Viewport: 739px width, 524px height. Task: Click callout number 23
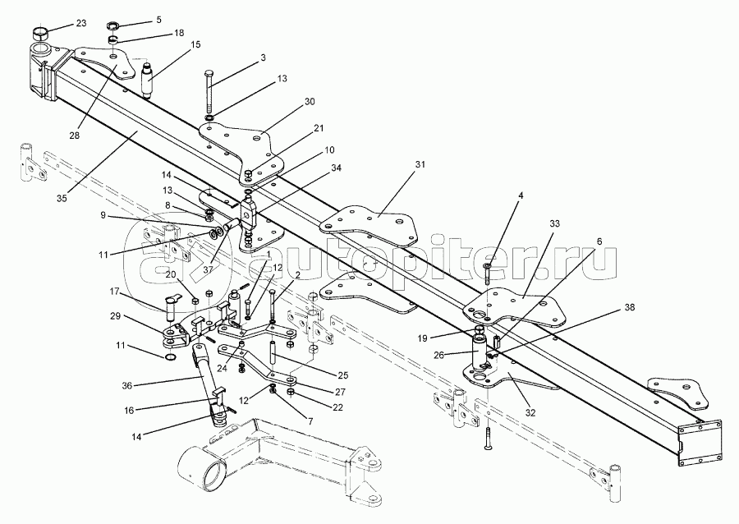coord(81,23)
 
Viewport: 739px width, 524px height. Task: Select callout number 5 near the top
coord(158,20)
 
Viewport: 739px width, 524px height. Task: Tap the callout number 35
coord(62,198)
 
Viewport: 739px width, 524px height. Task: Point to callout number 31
coord(420,164)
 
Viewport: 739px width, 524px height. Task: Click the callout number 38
coord(630,308)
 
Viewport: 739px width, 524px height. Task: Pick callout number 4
coord(520,195)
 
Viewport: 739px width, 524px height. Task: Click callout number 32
coord(530,413)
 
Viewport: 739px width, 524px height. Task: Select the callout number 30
coord(310,101)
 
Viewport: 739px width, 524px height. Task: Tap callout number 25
coord(342,375)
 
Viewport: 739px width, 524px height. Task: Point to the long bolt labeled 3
coord(209,91)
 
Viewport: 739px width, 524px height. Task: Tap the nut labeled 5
coord(114,25)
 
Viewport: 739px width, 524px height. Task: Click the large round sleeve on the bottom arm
coord(202,466)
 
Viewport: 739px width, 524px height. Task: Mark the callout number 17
coord(115,292)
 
